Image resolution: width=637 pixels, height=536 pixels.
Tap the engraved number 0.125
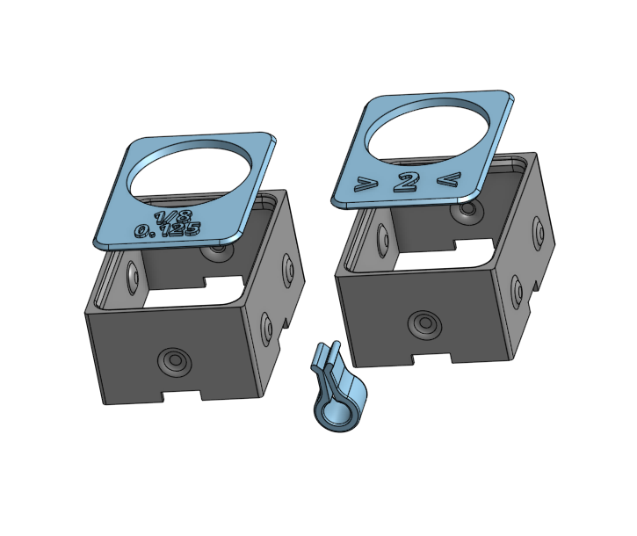coord(166,232)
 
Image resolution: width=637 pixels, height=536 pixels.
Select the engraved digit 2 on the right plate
coord(405,183)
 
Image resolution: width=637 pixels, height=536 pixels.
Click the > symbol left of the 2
coord(361,185)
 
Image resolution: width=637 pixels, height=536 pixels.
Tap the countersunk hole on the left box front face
coord(173,359)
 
